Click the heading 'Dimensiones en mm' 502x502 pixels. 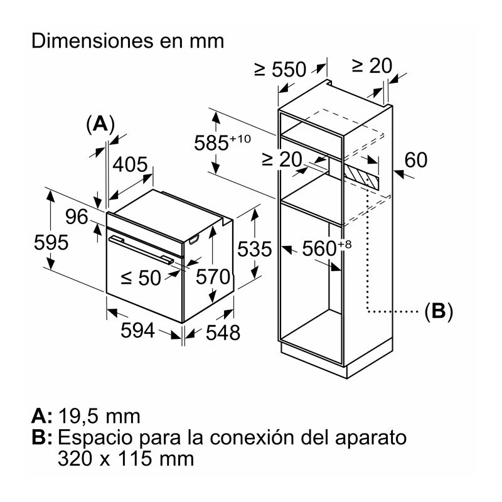click(x=127, y=41)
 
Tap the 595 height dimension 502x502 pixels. click(x=51, y=242)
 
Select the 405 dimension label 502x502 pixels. click(x=131, y=165)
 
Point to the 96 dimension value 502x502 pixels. click(x=77, y=216)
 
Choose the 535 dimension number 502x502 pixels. click(x=255, y=250)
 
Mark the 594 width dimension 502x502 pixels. click(x=136, y=331)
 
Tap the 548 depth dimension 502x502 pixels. click(x=223, y=333)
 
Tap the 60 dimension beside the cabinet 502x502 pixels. click(x=415, y=160)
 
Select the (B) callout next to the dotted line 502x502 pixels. click(x=439, y=311)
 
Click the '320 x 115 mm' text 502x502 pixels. click(x=125, y=458)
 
